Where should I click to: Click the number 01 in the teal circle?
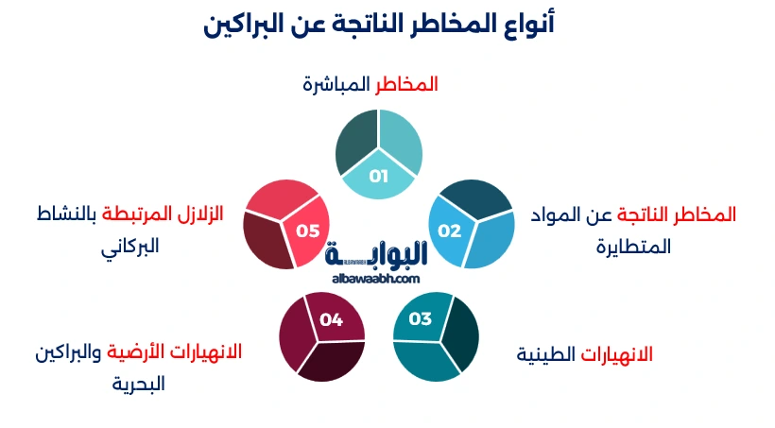379,176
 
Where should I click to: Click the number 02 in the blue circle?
449,231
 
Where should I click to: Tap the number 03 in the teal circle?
421,318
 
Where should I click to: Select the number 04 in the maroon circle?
331,319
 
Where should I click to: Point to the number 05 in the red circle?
308,231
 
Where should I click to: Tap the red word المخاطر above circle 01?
407,84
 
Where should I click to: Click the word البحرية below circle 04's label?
138,385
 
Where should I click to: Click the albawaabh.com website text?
376,278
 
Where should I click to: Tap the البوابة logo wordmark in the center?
376,252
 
